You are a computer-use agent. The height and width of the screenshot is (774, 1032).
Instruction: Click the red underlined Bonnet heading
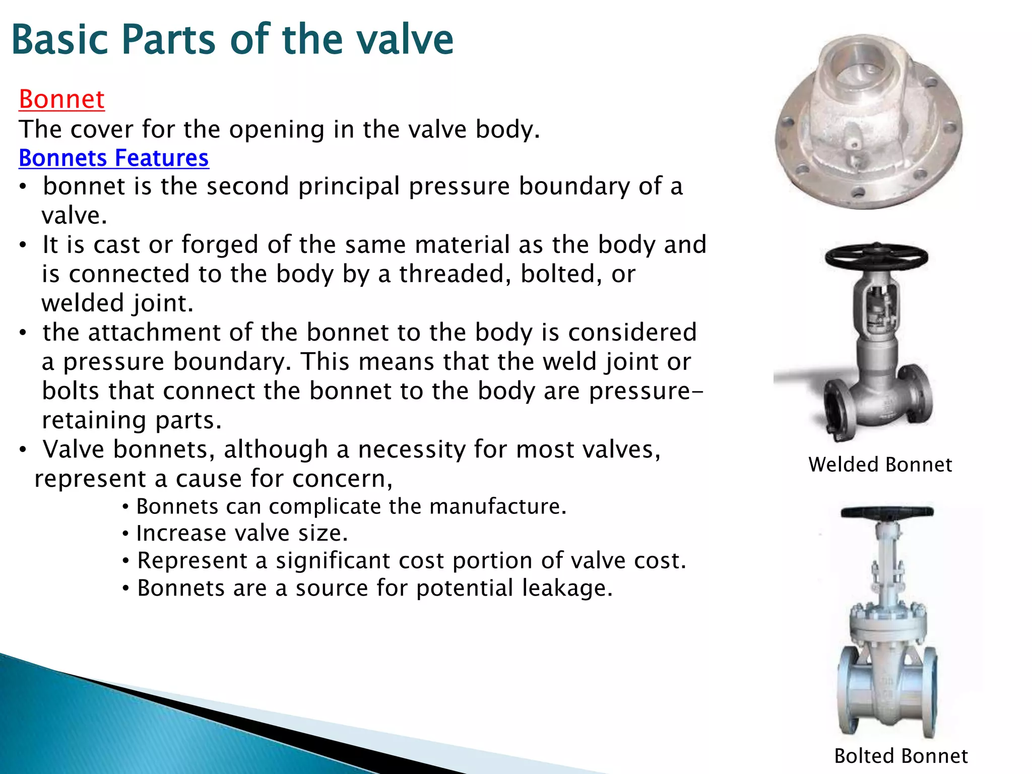61,99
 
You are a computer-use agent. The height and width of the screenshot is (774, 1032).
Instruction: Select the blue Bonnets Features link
113,158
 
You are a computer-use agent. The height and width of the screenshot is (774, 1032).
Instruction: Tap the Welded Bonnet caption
880,465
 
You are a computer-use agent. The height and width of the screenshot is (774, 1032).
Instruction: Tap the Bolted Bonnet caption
900,756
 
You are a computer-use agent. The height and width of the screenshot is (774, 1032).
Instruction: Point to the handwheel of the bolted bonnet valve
887,512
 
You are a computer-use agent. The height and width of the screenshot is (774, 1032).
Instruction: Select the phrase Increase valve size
242,533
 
